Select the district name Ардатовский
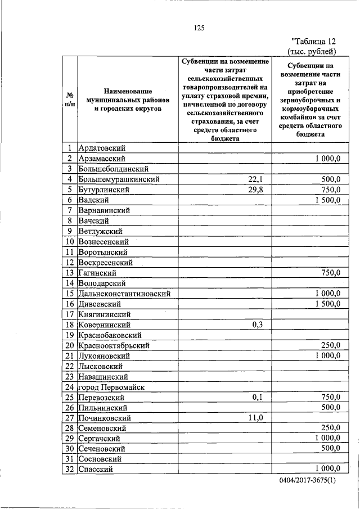pyautogui.click(x=101, y=148)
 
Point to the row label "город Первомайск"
pyautogui.click(x=111, y=387)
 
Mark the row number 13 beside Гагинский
pyautogui.click(x=70, y=273)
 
